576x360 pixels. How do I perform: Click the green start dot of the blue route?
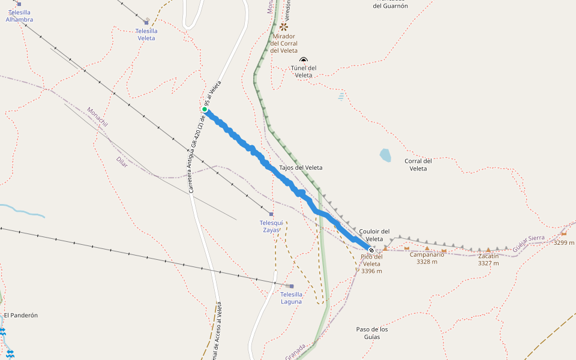[x=205, y=109]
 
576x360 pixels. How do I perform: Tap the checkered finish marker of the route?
[x=371, y=250]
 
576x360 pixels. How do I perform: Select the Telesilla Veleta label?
[x=146, y=34]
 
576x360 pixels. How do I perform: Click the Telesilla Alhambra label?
[x=19, y=16]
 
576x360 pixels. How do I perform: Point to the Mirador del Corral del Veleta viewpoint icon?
[x=284, y=27]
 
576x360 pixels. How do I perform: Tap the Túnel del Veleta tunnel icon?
[x=304, y=60]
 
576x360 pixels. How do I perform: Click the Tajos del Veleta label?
[x=301, y=167]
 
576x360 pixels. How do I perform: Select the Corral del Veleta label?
[x=418, y=164]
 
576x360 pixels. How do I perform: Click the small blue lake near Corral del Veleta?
[x=385, y=155]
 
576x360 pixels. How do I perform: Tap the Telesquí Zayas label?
[x=272, y=226]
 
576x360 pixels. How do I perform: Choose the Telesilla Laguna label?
[x=292, y=298]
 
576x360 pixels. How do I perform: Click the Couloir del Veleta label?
[x=374, y=235]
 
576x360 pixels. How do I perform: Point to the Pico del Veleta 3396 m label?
[x=371, y=263]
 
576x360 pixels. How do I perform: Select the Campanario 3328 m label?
[x=427, y=258]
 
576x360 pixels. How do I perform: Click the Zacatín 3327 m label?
[x=488, y=259]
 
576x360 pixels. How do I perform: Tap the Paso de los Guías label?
[x=372, y=333]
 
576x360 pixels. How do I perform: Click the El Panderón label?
[x=20, y=315]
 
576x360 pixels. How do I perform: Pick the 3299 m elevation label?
[x=563, y=243]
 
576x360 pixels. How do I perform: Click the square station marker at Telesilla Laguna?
[x=292, y=286]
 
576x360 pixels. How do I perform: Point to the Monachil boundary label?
[x=97, y=116]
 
